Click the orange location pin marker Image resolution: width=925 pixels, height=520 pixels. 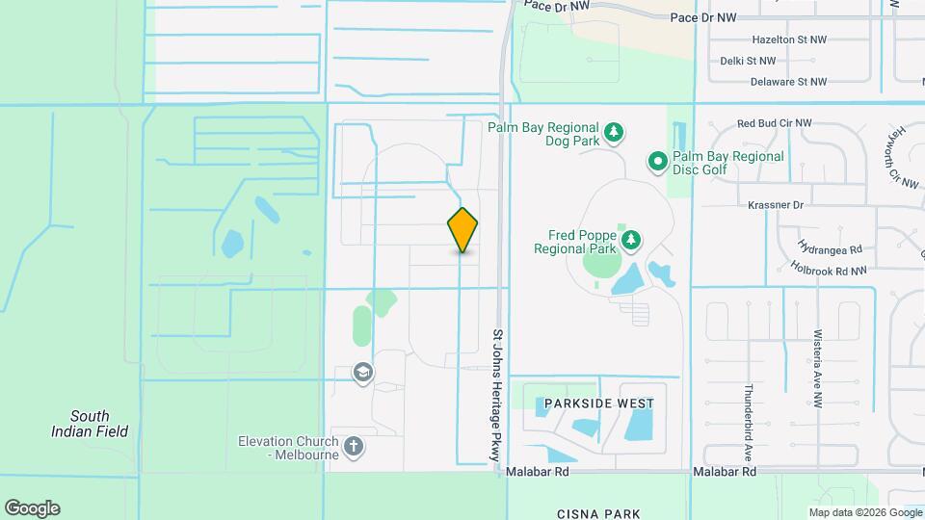[462, 230]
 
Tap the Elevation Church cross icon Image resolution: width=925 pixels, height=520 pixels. [354, 446]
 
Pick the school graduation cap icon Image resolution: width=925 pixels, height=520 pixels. [363, 373]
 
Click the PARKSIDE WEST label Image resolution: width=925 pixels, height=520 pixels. [598, 403]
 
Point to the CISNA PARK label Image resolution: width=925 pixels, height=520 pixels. [598, 514]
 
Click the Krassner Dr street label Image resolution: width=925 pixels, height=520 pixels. [775, 205]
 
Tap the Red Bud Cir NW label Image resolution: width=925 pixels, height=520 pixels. [774, 124]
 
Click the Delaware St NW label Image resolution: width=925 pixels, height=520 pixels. [787, 82]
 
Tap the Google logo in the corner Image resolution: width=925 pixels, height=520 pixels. [32, 507]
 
